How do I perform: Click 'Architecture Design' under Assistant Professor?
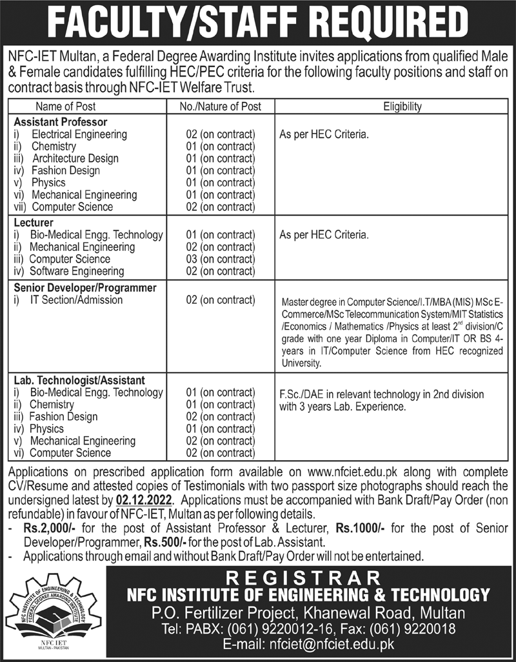click(75, 159)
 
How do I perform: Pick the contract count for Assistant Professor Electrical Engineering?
click(220, 134)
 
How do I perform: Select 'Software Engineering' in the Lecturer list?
click(77, 271)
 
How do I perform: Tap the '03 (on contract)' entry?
click(220, 259)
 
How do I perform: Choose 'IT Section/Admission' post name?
click(77, 299)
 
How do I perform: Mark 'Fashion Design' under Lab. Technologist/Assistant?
click(63, 416)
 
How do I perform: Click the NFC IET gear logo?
click(54, 609)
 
